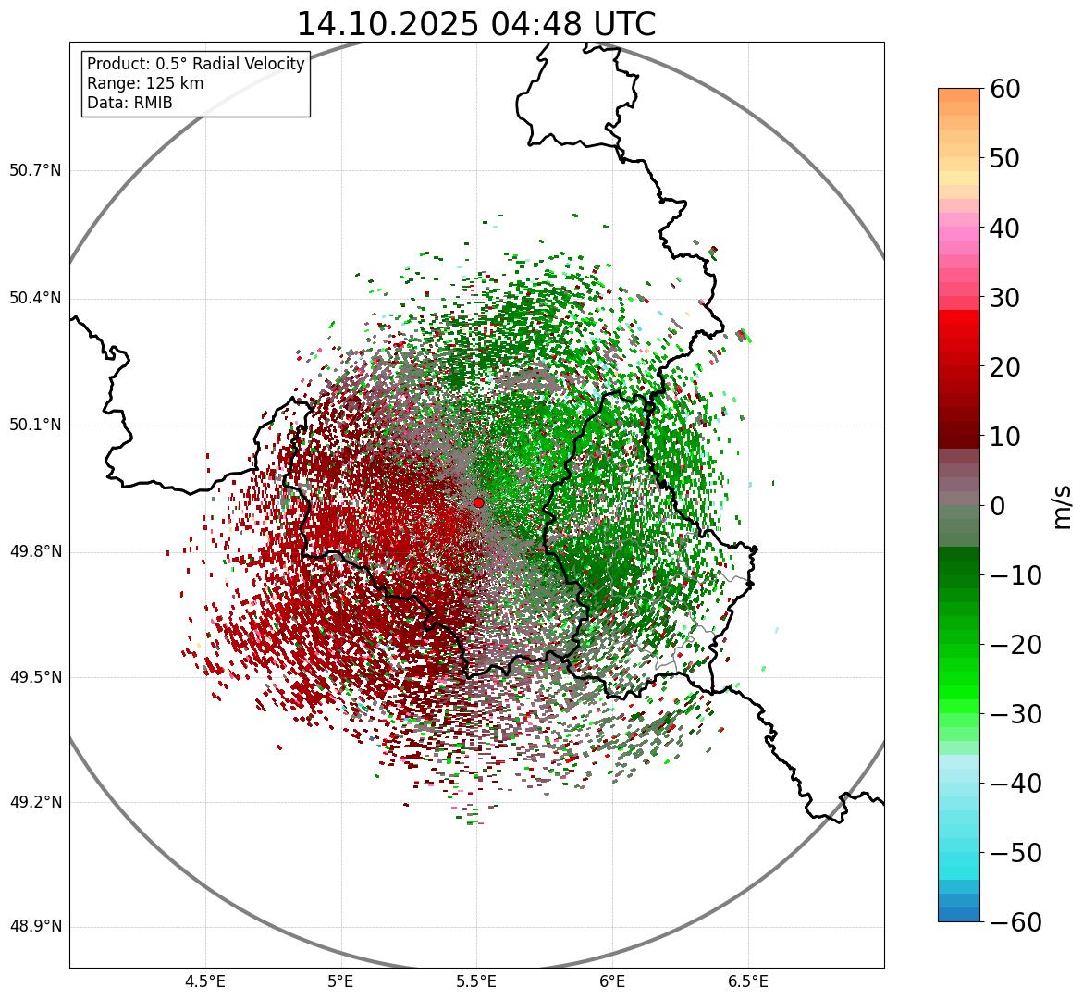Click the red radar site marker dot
[478, 502]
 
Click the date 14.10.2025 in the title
[387, 24]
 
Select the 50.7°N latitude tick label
[35, 170]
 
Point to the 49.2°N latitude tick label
[35, 802]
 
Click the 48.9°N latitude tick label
[35, 927]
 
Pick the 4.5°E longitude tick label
[205, 981]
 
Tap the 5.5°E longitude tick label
[476, 981]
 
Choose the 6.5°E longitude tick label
[747, 981]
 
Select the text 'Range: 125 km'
[145, 83]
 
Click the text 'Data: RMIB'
[129, 103]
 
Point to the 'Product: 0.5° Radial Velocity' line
[195, 64]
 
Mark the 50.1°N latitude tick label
[35, 425]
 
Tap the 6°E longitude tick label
[612, 981]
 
